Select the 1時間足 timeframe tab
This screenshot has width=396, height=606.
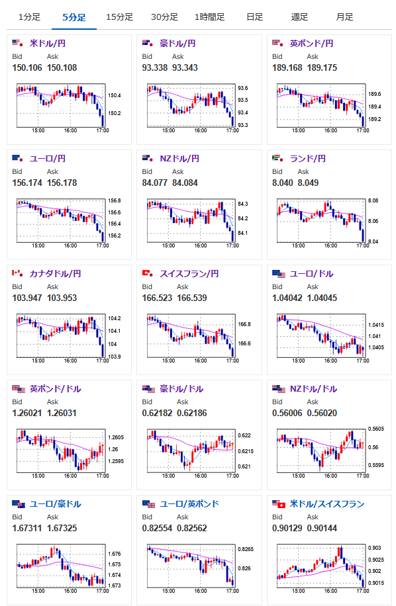(209, 17)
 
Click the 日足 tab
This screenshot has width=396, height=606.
(254, 17)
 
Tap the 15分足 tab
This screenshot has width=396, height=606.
(119, 17)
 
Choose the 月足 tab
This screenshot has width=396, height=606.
(344, 17)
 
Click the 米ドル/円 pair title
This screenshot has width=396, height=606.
(48, 43)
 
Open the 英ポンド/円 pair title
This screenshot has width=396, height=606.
(312, 43)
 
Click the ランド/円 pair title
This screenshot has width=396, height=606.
(308, 159)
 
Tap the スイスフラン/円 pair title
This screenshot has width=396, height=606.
(189, 274)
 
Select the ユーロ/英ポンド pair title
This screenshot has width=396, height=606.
(189, 504)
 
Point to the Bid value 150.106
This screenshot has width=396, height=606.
(27, 67)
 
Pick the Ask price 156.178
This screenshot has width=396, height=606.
(62, 183)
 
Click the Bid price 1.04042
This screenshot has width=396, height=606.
(287, 298)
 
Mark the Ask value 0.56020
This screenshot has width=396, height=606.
(322, 413)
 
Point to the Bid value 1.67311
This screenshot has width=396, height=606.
(27, 529)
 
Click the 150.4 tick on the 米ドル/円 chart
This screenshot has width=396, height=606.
(115, 95)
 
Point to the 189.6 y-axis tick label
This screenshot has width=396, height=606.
(375, 94)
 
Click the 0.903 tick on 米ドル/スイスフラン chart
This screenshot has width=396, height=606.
(375, 548)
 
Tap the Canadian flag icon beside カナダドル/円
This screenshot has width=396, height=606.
(17, 274)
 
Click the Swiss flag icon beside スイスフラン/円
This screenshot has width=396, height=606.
(147, 274)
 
